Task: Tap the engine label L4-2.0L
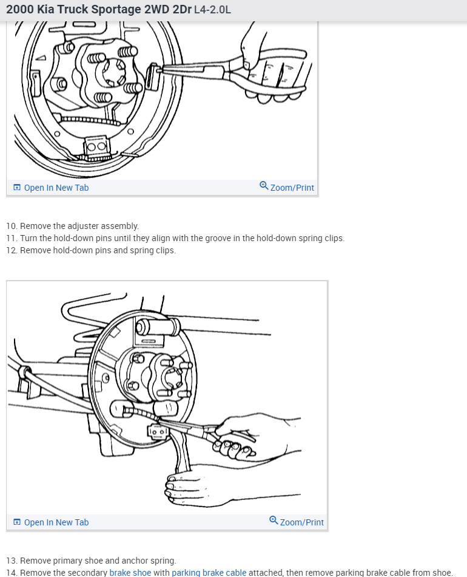212,10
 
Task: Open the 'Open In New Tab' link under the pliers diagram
56,188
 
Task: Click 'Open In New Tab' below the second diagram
56,522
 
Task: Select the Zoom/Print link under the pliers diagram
292,188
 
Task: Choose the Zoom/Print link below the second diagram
301,522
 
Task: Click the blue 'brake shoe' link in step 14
130,573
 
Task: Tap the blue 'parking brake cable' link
209,573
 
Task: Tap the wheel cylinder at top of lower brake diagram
158,327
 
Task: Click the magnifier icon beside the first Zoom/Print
264,186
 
